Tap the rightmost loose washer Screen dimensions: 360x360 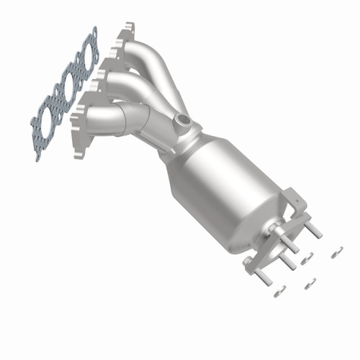point(336,252)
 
